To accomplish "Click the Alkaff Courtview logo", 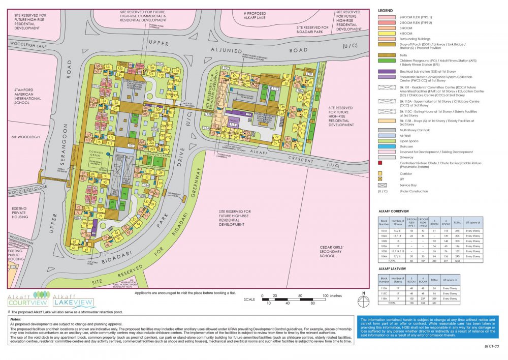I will point(25,300).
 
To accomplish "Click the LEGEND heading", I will point(386,11).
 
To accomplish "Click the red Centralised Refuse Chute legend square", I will point(380,163).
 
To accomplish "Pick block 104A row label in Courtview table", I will point(385,256).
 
